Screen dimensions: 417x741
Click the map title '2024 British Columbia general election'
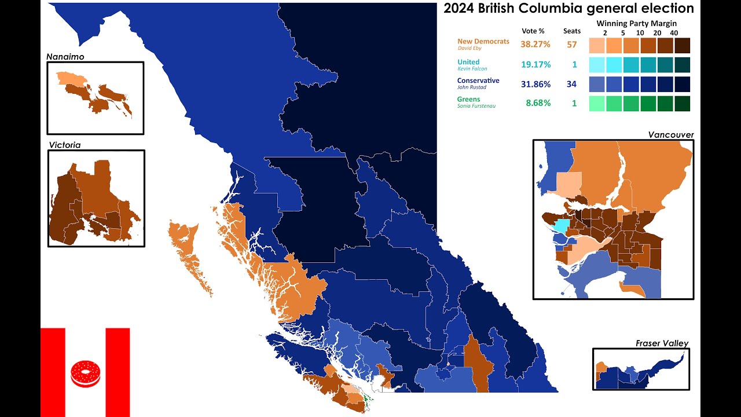(568, 9)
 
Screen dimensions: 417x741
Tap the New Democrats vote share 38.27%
(535, 45)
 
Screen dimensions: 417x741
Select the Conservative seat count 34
(571, 85)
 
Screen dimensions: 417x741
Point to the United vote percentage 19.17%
(535, 65)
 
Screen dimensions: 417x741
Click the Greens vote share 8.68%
(538, 103)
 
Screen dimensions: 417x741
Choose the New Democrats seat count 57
(571, 45)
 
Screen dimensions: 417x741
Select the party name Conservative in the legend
(478, 81)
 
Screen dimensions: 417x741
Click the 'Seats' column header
(571, 31)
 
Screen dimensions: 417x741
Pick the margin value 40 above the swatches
(674, 33)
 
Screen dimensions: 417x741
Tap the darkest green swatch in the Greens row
(682, 104)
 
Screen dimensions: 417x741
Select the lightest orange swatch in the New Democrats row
(597, 45)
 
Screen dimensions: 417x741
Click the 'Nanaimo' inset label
(65, 57)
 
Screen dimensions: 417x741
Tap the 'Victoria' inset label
(64, 145)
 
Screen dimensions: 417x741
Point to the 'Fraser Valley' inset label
(662, 343)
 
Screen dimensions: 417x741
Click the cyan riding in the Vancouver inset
(561, 226)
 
